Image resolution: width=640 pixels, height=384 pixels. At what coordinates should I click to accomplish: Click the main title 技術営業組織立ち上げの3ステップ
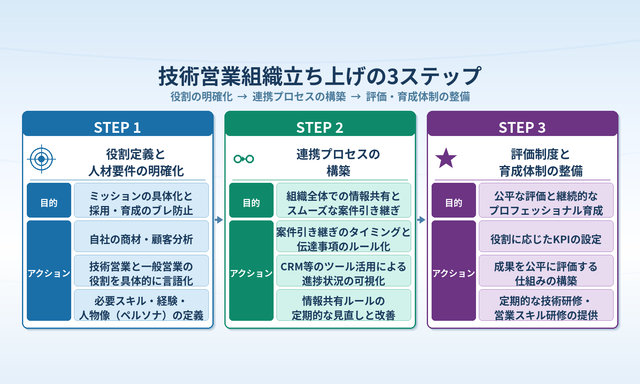pyautogui.click(x=320, y=76)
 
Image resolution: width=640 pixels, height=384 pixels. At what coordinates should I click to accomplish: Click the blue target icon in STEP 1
pyautogui.click(x=42, y=159)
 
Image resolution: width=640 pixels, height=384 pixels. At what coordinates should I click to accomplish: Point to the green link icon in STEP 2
pyautogui.click(x=244, y=159)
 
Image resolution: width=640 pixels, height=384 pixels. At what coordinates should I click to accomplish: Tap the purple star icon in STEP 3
pyautogui.click(x=446, y=158)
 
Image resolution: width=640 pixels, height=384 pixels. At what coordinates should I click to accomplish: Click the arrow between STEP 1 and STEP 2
pyautogui.click(x=219, y=220)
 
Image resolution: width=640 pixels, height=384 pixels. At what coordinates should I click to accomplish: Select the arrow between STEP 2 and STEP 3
pyautogui.click(x=421, y=220)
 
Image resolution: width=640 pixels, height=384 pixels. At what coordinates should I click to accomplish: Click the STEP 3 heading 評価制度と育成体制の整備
pyautogui.click(x=540, y=162)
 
